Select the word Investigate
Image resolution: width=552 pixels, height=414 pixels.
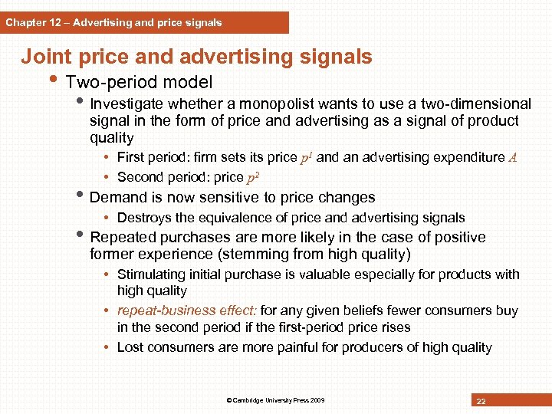pos(127,103)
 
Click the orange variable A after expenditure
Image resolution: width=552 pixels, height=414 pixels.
pos(513,158)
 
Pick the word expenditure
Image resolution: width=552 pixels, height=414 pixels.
pos(467,157)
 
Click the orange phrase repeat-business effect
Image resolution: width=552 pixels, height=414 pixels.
pos(187,310)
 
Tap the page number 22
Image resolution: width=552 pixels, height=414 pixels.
pos(481,401)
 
